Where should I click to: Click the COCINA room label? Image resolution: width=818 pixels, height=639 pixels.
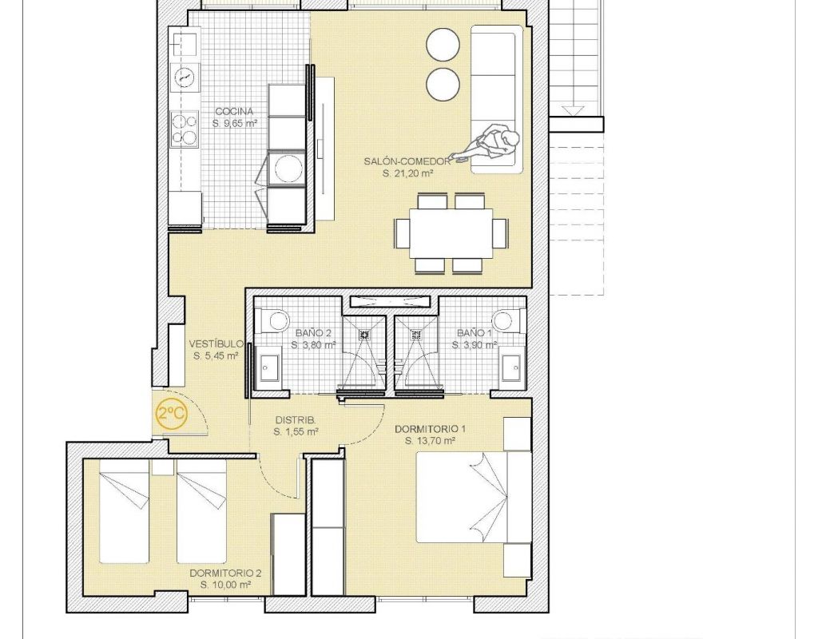pos(234,111)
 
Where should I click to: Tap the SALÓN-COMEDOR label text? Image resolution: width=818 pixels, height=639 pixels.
pos(407,161)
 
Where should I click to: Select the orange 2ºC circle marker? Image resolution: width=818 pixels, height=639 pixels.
pos(172,415)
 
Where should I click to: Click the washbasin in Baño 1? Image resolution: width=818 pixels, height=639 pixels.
pos(511,367)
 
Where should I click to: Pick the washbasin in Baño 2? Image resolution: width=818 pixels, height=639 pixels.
pos(270,367)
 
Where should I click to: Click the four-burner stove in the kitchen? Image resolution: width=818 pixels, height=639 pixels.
pos(185,129)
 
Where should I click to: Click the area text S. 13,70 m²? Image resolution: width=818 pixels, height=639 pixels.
pos(431,441)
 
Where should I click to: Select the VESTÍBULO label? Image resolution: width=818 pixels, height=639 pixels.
pos(216,343)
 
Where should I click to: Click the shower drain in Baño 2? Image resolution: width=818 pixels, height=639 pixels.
pos(363,335)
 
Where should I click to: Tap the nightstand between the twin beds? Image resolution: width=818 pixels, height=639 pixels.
pos(163,467)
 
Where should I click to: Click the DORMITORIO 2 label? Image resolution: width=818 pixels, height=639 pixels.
pos(225,574)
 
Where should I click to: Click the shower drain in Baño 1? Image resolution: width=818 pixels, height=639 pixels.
pos(415,335)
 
